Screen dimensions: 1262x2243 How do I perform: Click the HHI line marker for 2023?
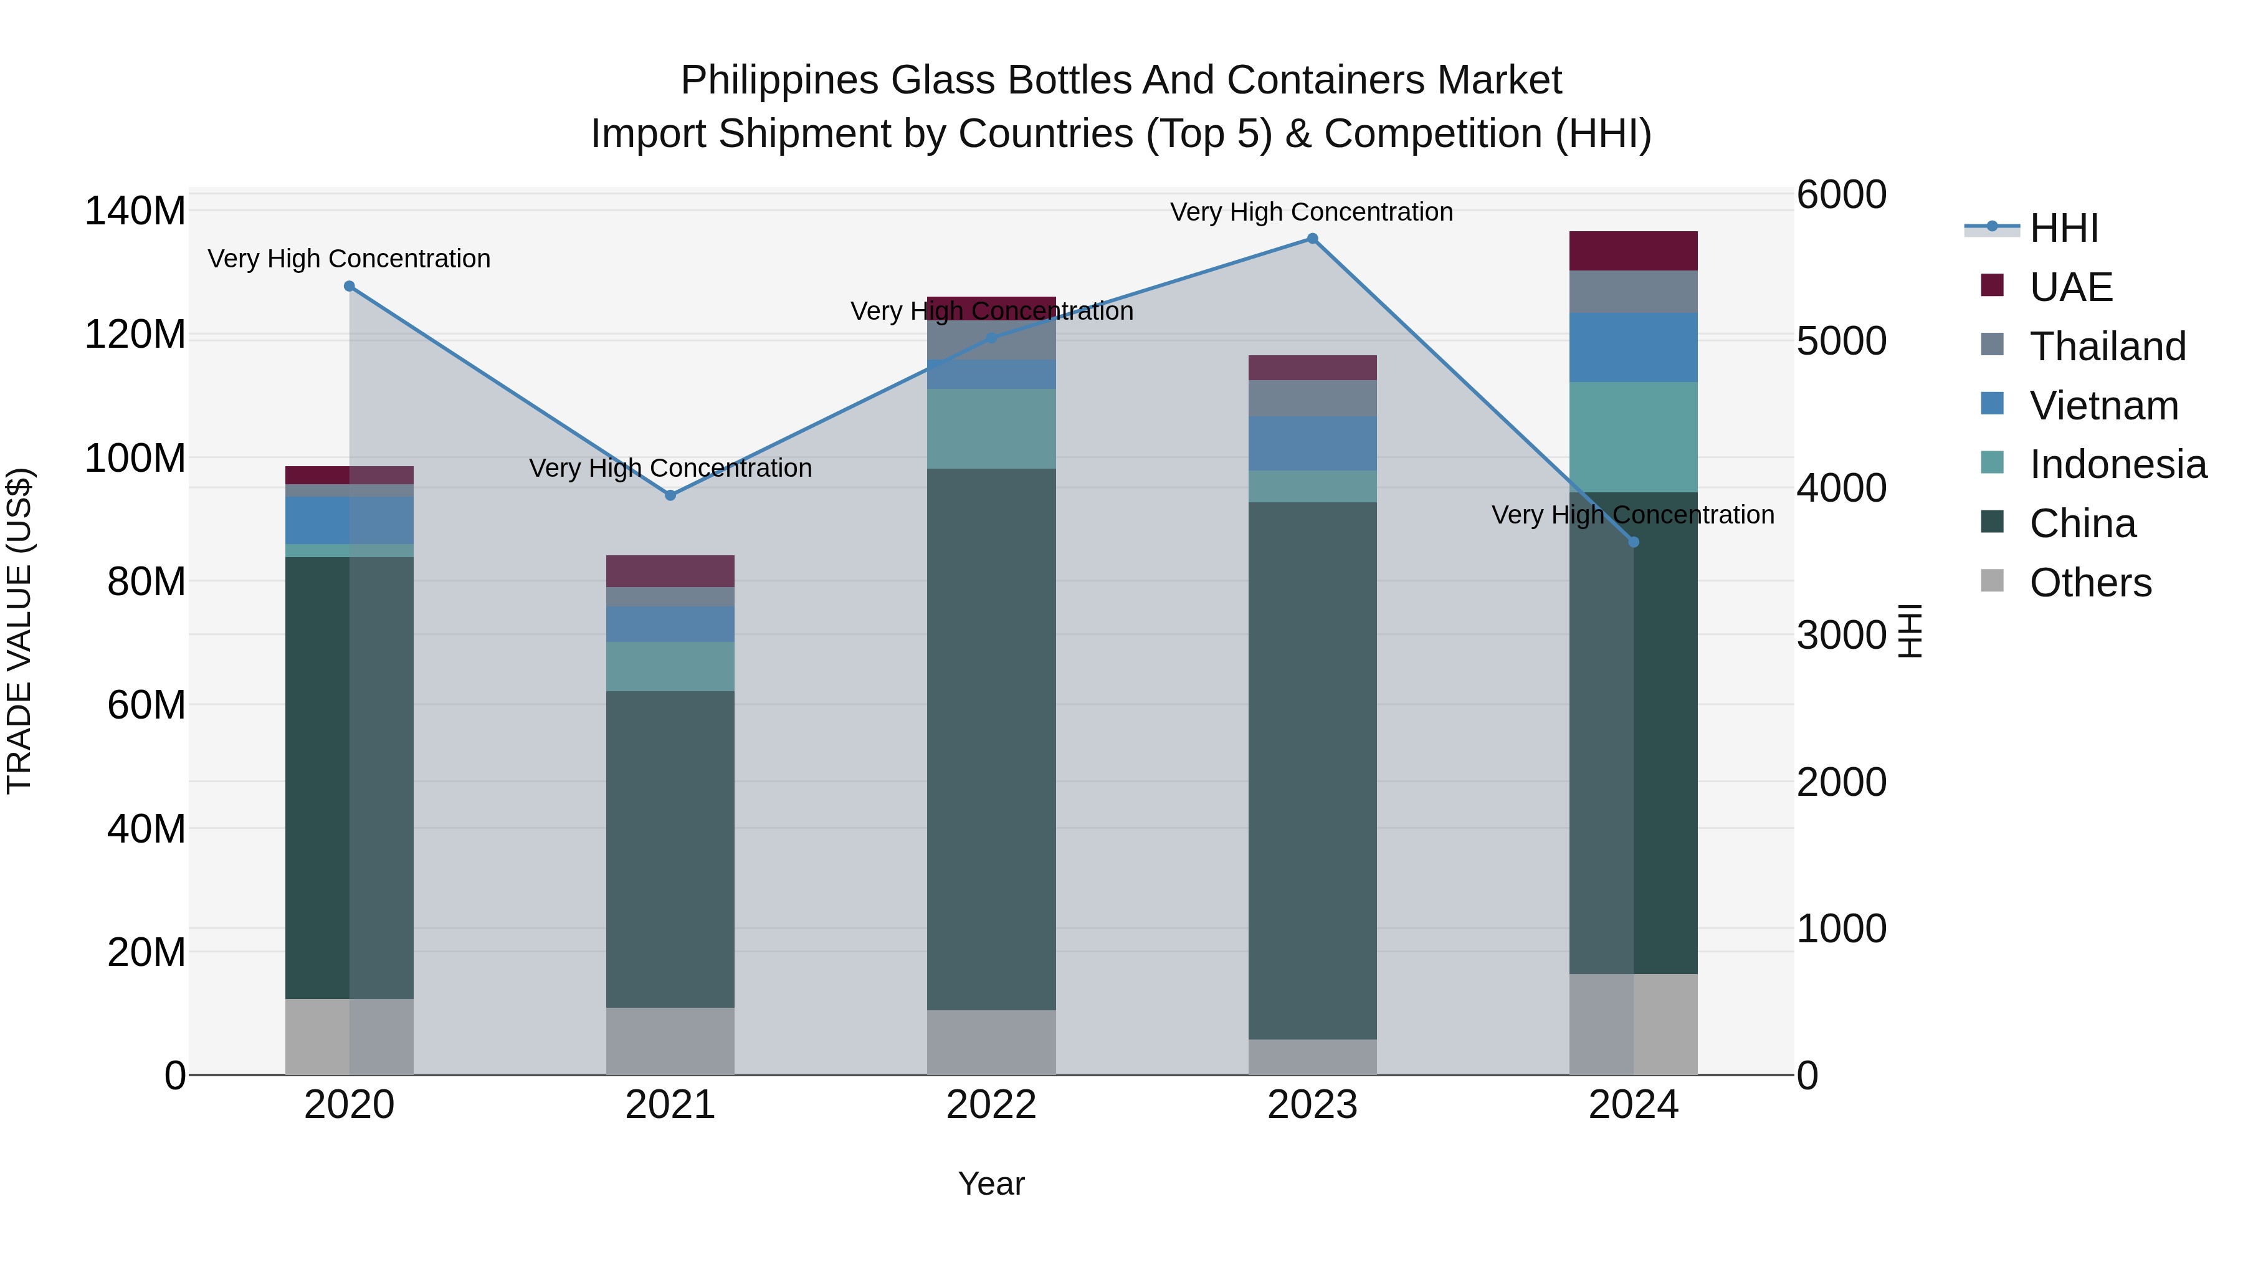1312,239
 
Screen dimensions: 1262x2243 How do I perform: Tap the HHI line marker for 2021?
670,495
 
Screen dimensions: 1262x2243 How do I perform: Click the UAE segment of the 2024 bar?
1634,251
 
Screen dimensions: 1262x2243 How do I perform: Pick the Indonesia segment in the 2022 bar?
991,429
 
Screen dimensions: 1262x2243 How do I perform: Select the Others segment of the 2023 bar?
1312,1056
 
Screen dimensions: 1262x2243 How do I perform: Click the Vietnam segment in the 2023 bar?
1312,443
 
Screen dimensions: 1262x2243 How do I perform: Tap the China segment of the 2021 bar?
670,849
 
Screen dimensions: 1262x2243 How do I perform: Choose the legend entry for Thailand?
2107,347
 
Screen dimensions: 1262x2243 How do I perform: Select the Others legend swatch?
1993,581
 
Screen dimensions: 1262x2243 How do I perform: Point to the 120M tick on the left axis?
135,335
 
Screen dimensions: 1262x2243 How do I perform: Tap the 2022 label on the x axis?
991,1105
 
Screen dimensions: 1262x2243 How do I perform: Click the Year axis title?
991,1183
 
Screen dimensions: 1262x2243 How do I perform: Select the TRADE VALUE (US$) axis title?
20,631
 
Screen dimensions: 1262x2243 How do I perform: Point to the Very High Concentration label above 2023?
1312,212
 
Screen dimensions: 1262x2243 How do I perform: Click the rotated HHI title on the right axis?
1910,631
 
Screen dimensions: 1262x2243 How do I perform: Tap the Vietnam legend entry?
2103,406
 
